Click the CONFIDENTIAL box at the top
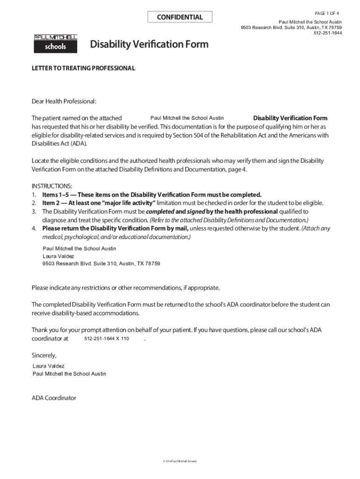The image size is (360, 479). coord(180,17)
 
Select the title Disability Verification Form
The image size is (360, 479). coord(149,45)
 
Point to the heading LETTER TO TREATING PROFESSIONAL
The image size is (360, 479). coord(83,68)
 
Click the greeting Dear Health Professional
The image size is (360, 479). coord(64,101)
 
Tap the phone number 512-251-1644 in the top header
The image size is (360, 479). coord(327,33)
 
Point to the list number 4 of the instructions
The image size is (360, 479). coord(34,228)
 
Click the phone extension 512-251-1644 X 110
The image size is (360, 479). coord(107,339)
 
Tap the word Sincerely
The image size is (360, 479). coord(44,355)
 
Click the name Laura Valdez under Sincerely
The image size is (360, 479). coord(49,366)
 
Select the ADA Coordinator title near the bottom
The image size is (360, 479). coord(54,398)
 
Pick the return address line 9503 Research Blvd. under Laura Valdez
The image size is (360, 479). coord(101,264)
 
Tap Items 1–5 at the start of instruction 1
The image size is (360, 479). coord(57,195)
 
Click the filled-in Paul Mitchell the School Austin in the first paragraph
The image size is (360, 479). coord(187,118)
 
